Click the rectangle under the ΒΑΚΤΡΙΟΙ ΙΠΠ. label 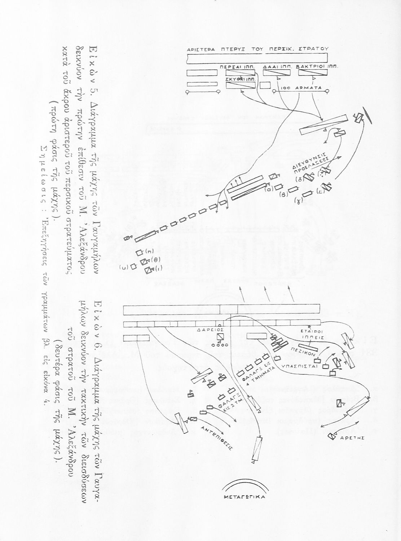click(312, 73)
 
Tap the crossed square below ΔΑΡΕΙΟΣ click(220, 337)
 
